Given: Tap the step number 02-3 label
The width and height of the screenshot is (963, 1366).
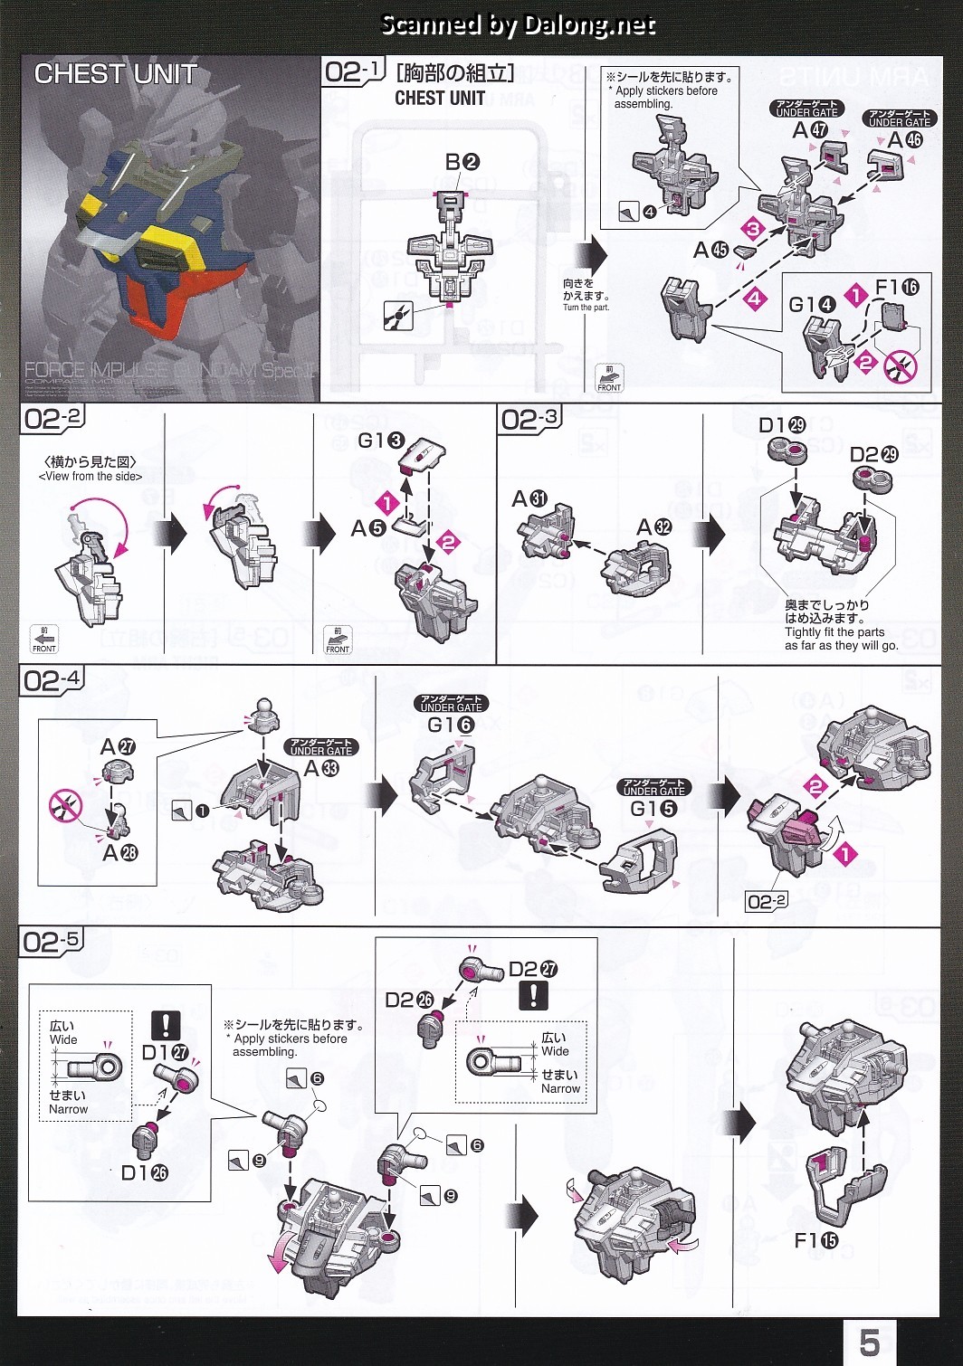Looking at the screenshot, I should pos(530,419).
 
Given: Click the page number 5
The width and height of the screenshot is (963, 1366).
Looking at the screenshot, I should pos(869,1342).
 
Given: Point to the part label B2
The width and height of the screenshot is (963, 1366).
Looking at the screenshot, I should pos(462,162).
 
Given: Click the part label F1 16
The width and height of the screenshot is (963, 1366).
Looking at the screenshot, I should pos(896,288).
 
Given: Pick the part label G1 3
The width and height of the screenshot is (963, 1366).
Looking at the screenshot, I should pos(380,441).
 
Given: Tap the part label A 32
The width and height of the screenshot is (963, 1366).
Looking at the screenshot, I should pos(653,527).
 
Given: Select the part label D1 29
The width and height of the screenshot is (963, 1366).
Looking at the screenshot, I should pos(781,425).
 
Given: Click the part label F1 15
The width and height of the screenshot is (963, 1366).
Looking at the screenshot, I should pos(815,1240).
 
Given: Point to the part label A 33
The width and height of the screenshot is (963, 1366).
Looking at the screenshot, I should pos(321,769).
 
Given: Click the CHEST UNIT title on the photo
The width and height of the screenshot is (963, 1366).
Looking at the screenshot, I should pos(115,74).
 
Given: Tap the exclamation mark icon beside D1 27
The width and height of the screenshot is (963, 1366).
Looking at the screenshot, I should pos(166,1025).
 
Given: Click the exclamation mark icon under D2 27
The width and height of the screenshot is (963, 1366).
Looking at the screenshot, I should pos(533,995).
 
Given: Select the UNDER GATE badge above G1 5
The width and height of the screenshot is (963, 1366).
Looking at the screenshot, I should pos(653,787).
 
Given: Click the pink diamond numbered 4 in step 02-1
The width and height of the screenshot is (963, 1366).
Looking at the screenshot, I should pos(755,298).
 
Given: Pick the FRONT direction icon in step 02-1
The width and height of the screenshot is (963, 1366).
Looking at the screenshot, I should pos(609,378).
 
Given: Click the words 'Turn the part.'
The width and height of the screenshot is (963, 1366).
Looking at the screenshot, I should pos(586,308).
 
